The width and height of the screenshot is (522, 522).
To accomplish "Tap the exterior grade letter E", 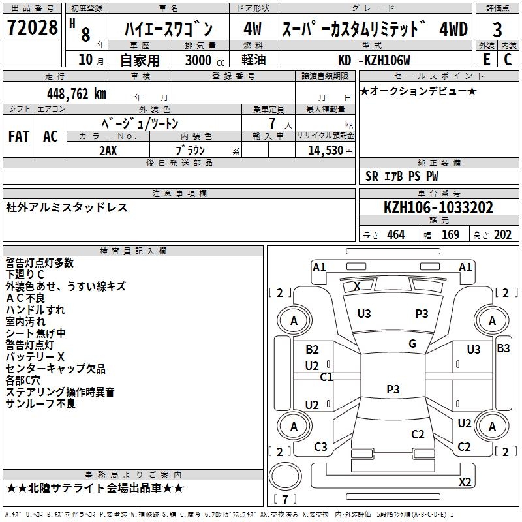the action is pyautogui.click(x=486, y=59).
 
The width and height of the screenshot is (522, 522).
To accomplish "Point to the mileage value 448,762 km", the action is pyautogui.click(x=77, y=93).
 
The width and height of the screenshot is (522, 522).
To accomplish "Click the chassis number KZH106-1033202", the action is pyautogui.click(x=438, y=208).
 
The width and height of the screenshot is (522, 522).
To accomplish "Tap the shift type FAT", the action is pyautogui.click(x=19, y=136).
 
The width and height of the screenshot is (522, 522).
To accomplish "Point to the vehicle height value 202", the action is pyautogui.click(x=502, y=234).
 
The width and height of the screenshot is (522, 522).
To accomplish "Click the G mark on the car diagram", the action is pyautogui.click(x=412, y=344).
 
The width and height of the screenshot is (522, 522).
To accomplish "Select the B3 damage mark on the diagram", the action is pyautogui.click(x=503, y=348).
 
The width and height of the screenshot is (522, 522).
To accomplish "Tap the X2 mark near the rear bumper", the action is pyautogui.click(x=465, y=482).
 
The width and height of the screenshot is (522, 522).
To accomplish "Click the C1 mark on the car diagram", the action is pyautogui.click(x=327, y=377).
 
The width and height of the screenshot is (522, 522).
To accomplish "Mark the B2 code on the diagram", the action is pyautogui.click(x=313, y=350).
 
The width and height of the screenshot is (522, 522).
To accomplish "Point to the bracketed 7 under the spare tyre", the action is pyautogui.click(x=285, y=500).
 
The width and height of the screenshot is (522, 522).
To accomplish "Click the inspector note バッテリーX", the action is pyautogui.click(x=35, y=357).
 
